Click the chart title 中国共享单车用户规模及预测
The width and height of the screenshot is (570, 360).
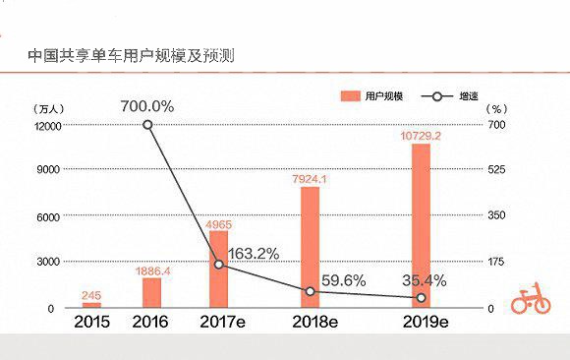point(131,55)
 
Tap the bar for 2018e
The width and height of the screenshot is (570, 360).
point(311,247)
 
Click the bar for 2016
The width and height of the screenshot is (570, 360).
point(151,292)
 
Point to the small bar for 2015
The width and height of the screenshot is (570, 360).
point(91,305)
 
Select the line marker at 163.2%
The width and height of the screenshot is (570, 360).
point(219,265)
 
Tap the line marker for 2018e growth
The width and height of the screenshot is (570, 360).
point(311,291)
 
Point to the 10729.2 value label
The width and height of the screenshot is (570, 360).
point(421,135)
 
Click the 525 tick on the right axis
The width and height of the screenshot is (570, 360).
point(497,170)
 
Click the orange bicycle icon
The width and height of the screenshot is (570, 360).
point(530,299)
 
